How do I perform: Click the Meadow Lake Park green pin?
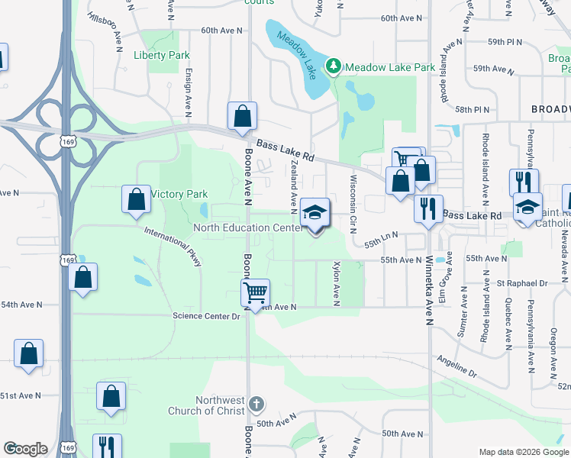click(334, 66)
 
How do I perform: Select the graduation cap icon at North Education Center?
click(314, 213)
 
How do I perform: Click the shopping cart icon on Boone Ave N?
click(255, 291)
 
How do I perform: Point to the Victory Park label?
click(179, 194)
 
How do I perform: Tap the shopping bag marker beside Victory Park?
click(135, 198)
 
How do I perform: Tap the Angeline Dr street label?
click(456, 367)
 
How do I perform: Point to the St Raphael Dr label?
click(522, 282)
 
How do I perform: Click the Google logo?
click(25, 449)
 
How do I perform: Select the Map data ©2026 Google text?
click(523, 452)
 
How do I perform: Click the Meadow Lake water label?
click(296, 48)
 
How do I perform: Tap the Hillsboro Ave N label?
click(106, 26)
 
